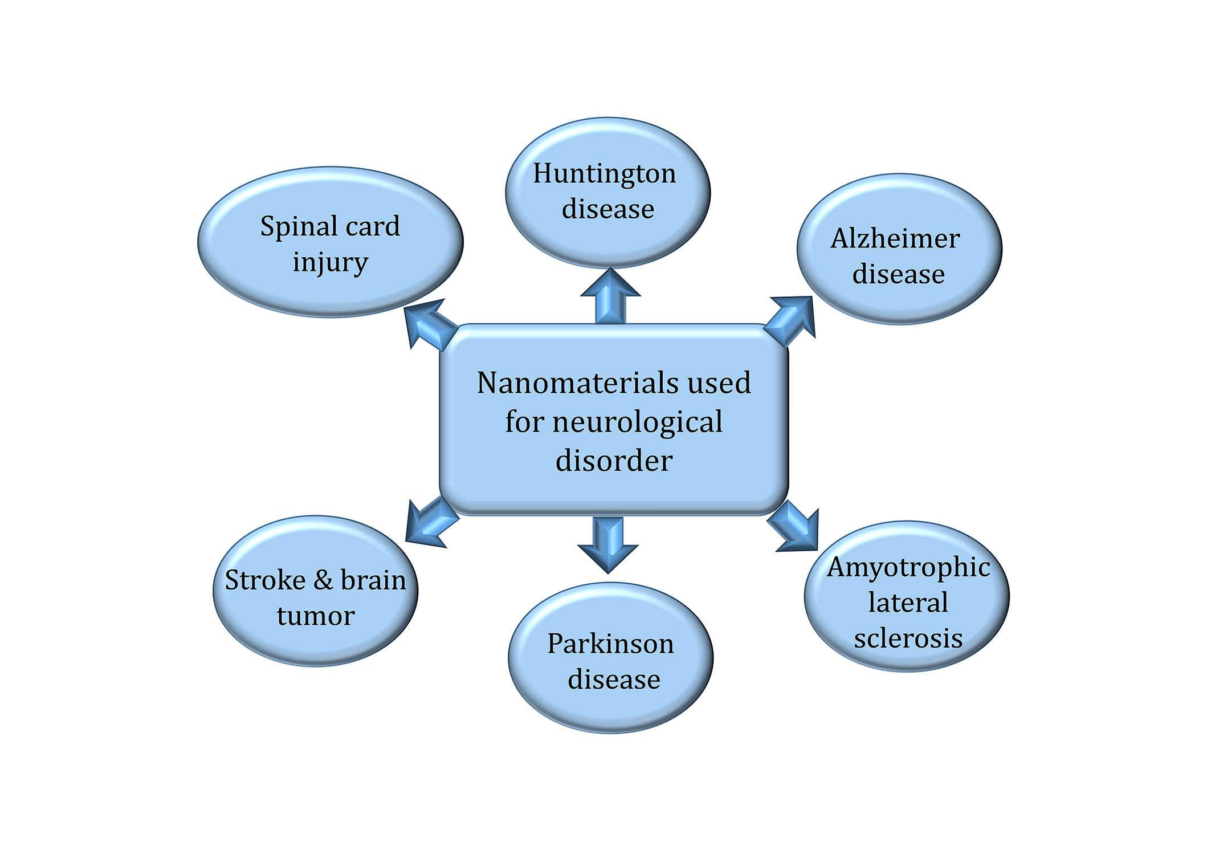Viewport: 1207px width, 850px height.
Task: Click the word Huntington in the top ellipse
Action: [x=604, y=174]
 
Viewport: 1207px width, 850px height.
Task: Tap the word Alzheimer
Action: [x=895, y=238]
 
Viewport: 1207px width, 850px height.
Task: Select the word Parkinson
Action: [x=610, y=644]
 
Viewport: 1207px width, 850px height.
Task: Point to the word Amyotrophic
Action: [x=908, y=567]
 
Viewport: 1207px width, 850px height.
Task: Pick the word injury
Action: [x=330, y=263]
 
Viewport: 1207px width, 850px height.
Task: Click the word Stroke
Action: [x=265, y=580]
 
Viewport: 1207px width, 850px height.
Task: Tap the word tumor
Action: [x=316, y=616]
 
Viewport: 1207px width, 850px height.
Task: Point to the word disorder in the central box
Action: [x=614, y=461]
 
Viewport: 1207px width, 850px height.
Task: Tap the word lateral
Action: [x=908, y=603]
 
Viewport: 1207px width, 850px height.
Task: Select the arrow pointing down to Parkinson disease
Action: [x=608, y=544]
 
